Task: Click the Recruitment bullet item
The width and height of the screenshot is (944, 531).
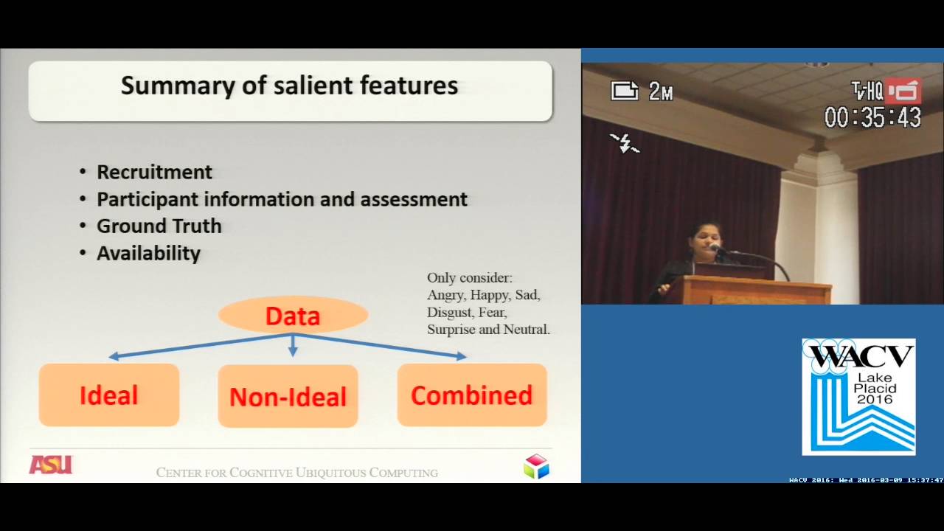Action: (154, 173)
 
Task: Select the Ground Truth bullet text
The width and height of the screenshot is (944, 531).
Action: (159, 226)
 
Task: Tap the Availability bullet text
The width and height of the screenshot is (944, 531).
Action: (148, 254)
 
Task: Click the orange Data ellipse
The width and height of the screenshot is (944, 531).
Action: (293, 316)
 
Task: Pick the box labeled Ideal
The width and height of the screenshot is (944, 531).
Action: (109, 395)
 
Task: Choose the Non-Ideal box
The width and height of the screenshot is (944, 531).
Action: (288, 397)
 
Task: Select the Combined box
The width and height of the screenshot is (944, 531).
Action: (471, 395)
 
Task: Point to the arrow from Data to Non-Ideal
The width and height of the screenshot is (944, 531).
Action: (293, 346)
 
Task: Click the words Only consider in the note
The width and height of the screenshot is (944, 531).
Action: (469, 278)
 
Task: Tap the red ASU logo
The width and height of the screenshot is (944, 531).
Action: (50, 465)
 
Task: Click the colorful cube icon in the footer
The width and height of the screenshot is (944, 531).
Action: (536, 466)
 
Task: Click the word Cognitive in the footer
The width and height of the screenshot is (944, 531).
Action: (261, 473)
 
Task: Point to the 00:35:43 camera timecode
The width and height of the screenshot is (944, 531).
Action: (872, 118)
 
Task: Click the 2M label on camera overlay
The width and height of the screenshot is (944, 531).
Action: (661, 91)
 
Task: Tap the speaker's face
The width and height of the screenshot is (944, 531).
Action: (702, 240)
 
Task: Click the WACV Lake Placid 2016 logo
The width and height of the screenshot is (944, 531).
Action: (858, 397)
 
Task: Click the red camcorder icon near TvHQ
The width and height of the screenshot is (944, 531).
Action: (903, 91)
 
